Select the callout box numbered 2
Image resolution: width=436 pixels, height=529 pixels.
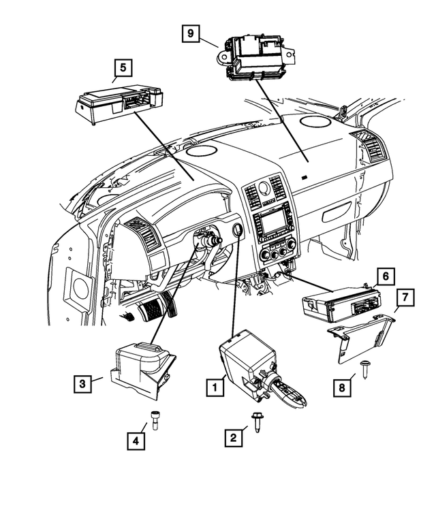[234, 438]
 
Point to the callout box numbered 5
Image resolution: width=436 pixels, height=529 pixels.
[123, 68]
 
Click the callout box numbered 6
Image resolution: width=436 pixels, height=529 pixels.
[385, 276]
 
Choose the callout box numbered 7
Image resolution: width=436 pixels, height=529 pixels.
[404, 297]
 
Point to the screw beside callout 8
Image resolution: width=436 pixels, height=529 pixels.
[367, 370]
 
